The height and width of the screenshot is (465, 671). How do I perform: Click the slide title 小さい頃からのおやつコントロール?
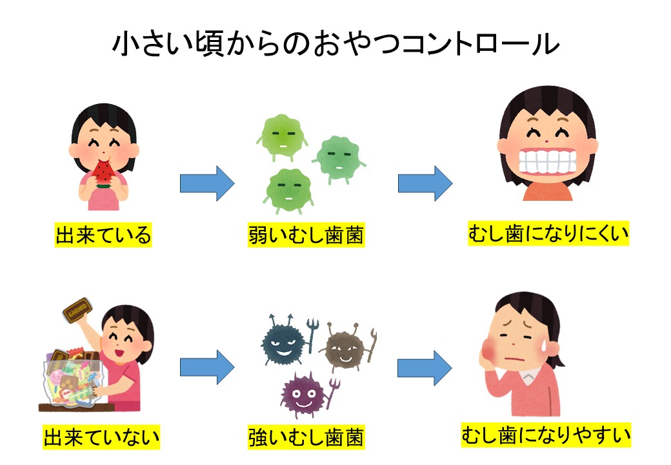(335, 45)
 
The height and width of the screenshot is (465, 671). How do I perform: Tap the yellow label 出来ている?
(103, 235)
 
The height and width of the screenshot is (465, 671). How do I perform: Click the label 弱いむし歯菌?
(306, 235)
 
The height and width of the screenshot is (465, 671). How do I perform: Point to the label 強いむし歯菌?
(306, 439)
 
